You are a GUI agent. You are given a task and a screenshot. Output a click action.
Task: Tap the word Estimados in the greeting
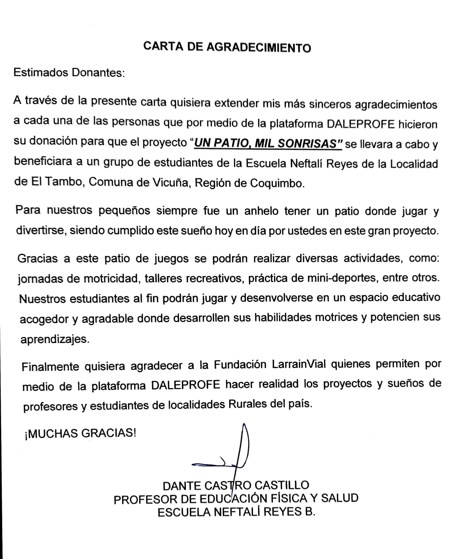[41, 73]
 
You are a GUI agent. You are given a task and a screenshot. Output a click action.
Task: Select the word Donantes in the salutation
[97, 73]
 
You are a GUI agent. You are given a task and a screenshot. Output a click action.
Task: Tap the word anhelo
[261, 211]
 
